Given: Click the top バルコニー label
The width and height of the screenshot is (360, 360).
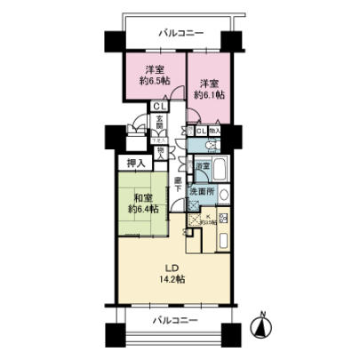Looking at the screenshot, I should click(181, 34).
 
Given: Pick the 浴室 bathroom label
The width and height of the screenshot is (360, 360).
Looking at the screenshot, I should click(202, 166).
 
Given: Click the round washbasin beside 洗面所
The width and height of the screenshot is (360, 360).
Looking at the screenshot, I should click(223, 195).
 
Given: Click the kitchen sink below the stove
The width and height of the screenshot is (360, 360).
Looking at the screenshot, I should click(223, 240).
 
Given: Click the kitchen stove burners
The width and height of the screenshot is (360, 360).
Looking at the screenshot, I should click(223, 218).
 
